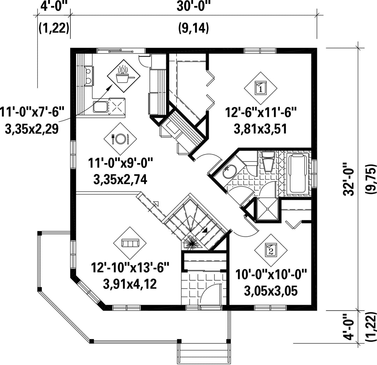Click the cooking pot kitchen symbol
coord(124,76)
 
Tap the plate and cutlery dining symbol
coord(120,139)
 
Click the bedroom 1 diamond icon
coord(261,88)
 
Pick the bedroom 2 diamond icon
coord(271,250)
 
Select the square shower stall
coord(268,208)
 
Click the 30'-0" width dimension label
coord(193,7)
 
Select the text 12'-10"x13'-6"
coord(130,267)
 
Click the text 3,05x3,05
coord(271,291)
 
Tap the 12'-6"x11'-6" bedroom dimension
coord(261,112)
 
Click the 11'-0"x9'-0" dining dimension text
coord(120,164)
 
